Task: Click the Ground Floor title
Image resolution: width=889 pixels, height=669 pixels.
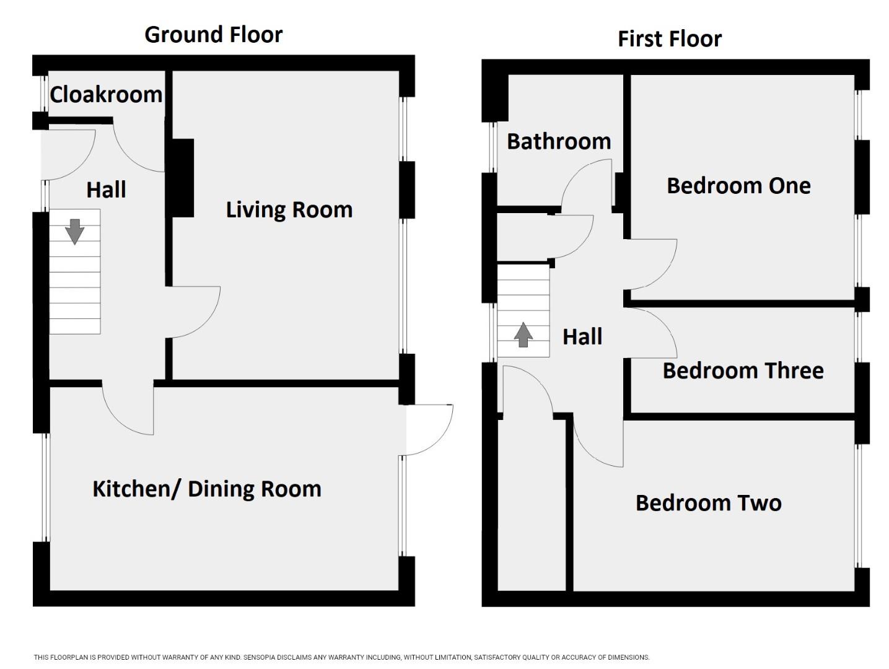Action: click(214, 35)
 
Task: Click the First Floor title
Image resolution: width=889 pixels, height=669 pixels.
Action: click(670, 39)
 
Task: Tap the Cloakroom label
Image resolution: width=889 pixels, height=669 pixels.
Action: click(106, 95)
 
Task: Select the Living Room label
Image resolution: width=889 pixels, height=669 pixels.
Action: click(289, 210)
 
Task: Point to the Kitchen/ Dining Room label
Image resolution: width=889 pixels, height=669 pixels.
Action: click(207, 489)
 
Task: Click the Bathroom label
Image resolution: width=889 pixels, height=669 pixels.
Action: click(559, 142)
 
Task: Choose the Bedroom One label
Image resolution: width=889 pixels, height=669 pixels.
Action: click(738, 186)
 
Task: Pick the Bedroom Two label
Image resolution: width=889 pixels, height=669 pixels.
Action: click(708, 503)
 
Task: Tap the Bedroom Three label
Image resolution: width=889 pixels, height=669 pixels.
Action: click(743, 371)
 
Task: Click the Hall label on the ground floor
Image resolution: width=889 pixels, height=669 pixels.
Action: click(106, 190)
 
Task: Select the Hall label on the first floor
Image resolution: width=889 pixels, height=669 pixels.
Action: click(582, 337)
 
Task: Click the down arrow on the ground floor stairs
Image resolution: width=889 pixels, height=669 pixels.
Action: click(75, 232)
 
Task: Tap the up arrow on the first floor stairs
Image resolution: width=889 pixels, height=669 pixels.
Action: click(523, 334)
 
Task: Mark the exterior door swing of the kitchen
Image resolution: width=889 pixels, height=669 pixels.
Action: click(439, 442)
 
